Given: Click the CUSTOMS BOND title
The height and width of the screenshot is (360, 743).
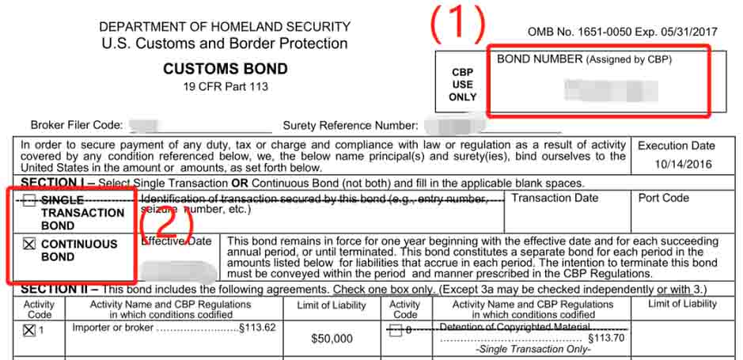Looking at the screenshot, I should pyautogui.click(x=225, y=69).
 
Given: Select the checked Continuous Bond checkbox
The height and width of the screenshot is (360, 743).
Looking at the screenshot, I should pyautogui.click(x=29, y=244).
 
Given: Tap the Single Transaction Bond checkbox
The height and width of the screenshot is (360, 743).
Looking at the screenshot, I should pyautogui.click(x=29, y=201).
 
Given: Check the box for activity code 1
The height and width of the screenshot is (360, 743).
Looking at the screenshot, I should pyautogui.click(x=29, y=331).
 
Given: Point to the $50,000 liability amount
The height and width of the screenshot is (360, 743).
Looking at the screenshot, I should pyautogui.click(x=332, y=339).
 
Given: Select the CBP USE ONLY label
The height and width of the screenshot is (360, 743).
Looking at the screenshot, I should pyautogui.click(x=463, y=84).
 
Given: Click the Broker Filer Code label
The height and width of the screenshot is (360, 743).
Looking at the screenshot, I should pyautogui.click(x=77, y=125).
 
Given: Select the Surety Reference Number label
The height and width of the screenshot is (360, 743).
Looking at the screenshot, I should pyautogui.click(x=351, y=125).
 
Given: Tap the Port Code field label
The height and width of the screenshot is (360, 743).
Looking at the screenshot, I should pyautogui.click(x=663, y=198).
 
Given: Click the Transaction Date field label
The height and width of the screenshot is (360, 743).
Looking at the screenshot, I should pyautogui.click(x=555, y=198).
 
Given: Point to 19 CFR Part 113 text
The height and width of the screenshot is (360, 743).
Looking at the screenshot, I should pyautogui.click(x=225, y=85).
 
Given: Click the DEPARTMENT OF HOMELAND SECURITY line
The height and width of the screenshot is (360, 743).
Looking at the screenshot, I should pyautogui.click(x=225, y=27).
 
